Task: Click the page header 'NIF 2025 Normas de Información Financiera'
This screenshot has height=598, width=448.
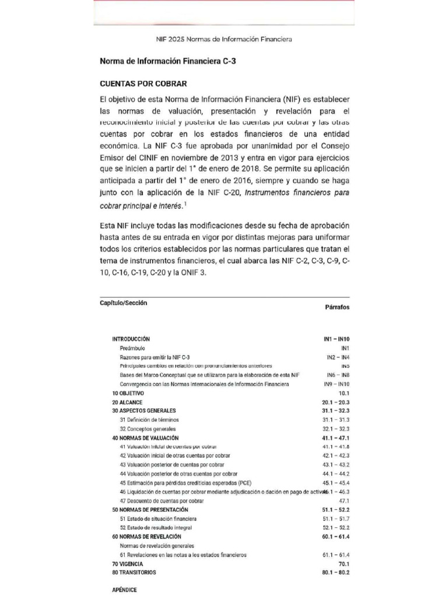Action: tap(224, 39)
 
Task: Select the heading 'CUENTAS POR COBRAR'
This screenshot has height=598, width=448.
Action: tap(143, 84)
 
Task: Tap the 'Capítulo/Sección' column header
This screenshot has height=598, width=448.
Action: tap(124, 303)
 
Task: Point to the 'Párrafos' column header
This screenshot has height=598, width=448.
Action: tap(337, 307)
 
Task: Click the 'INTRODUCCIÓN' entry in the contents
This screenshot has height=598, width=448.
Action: tap(131, 339)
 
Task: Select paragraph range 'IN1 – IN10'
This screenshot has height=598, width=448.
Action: tap(336, 339)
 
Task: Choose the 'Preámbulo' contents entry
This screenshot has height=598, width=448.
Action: tap(132, 348)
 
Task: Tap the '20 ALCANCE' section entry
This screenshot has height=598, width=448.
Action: tap(127, 403)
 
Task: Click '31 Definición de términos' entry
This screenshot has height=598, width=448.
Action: tap(149, 420)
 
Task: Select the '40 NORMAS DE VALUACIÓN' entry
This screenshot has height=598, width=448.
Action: tap(145, 437)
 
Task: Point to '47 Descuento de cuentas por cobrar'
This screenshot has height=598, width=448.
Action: tap(162, 501)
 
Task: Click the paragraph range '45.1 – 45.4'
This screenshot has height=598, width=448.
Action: tap(335, 483)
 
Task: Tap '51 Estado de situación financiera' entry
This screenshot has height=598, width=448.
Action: tap(158, 519)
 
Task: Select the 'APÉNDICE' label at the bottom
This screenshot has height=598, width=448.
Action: tap(124, 590)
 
